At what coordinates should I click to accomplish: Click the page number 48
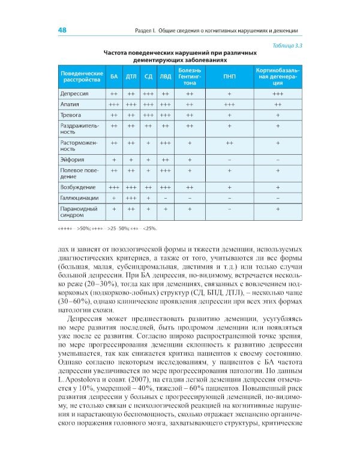pyautogui.click(x=62, y=31)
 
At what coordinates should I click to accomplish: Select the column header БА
pyautogui.click(x=113, y=77)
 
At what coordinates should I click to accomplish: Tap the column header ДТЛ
pyautogui.click(x=131, y=77)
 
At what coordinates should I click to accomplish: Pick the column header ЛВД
pyautogui.click(x=165, y=77)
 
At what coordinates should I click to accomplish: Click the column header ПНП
pyautogui.click(x=229, y=77)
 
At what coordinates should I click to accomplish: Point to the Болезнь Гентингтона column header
pyautogui.click(x=190, y=77)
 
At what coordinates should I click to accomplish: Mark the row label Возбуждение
pyautogui.click(x=78, y=187)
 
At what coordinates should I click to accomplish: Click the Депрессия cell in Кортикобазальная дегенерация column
pyautogui.click(x=277, y=94)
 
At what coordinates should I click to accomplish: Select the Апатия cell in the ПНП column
pyautogui.click(x=229, y=104)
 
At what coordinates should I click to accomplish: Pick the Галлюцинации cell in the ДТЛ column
pyautogui.click(x=131, y=197)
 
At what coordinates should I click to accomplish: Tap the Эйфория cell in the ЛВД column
pyautogui.click(x=165, y=160)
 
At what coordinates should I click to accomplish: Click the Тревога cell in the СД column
pyautogui.click(x=148, y=115)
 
